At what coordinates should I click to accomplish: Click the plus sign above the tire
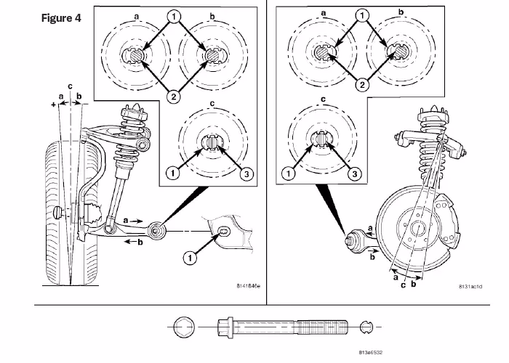pyautogui.click(x=54, y=105)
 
